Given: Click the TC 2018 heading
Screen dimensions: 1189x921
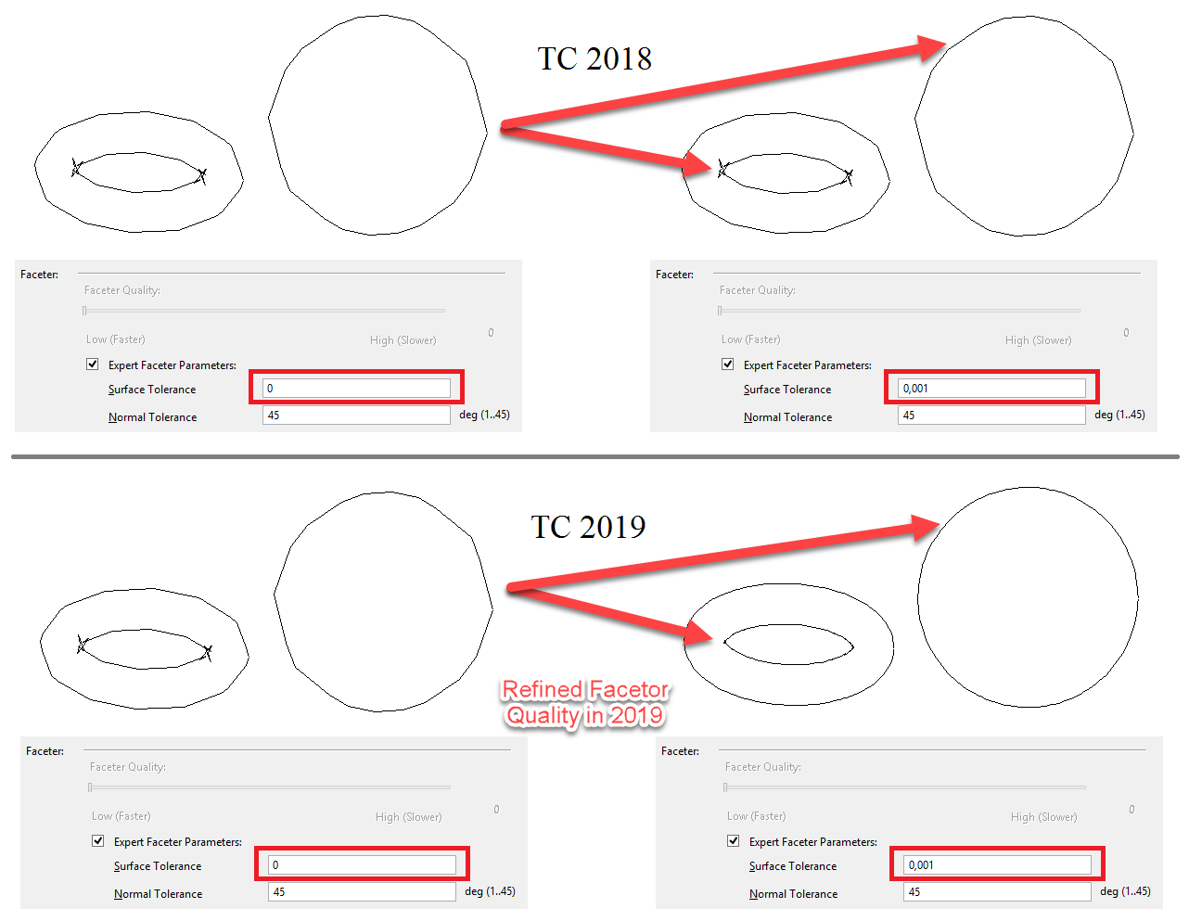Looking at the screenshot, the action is tap(594, 58).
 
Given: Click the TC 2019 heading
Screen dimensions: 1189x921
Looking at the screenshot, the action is tap(588, 527).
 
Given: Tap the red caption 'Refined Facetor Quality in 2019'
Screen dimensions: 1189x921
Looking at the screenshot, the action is tap(585, 703).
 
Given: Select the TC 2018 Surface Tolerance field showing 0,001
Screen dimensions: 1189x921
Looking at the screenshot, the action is tap(991, 389).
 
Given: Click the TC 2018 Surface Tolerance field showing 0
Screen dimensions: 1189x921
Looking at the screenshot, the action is tap(356, 389).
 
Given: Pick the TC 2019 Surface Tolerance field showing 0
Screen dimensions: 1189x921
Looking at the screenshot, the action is tap(362, 864).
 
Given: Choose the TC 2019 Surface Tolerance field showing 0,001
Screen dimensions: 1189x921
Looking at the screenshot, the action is tap(997, 864).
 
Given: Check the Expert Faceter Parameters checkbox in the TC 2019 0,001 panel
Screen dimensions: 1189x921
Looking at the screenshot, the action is tap(734, 840).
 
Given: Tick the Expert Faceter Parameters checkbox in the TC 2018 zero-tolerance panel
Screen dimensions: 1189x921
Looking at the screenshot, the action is tap(93, 364).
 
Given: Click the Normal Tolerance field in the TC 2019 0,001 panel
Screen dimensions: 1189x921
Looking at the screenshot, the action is tap(997, 891).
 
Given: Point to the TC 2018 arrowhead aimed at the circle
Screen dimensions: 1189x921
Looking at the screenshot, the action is tap(931, 47).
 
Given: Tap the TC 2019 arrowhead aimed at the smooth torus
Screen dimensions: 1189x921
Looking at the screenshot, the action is tap(697, 634).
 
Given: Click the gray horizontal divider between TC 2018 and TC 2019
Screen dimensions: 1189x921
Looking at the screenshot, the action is tap(594, 456).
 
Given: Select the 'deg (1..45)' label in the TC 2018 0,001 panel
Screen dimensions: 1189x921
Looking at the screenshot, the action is tap(1119, 415).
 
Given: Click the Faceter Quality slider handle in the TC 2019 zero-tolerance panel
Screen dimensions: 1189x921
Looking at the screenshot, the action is tap(90, 787).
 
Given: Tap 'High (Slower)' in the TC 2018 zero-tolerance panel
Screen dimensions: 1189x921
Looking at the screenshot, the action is tap(403, 340).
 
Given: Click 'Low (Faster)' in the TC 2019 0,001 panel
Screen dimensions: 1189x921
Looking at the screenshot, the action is tap(756, 816).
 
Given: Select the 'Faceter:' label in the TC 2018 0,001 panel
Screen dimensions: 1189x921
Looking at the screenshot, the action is tap(674, 274).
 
